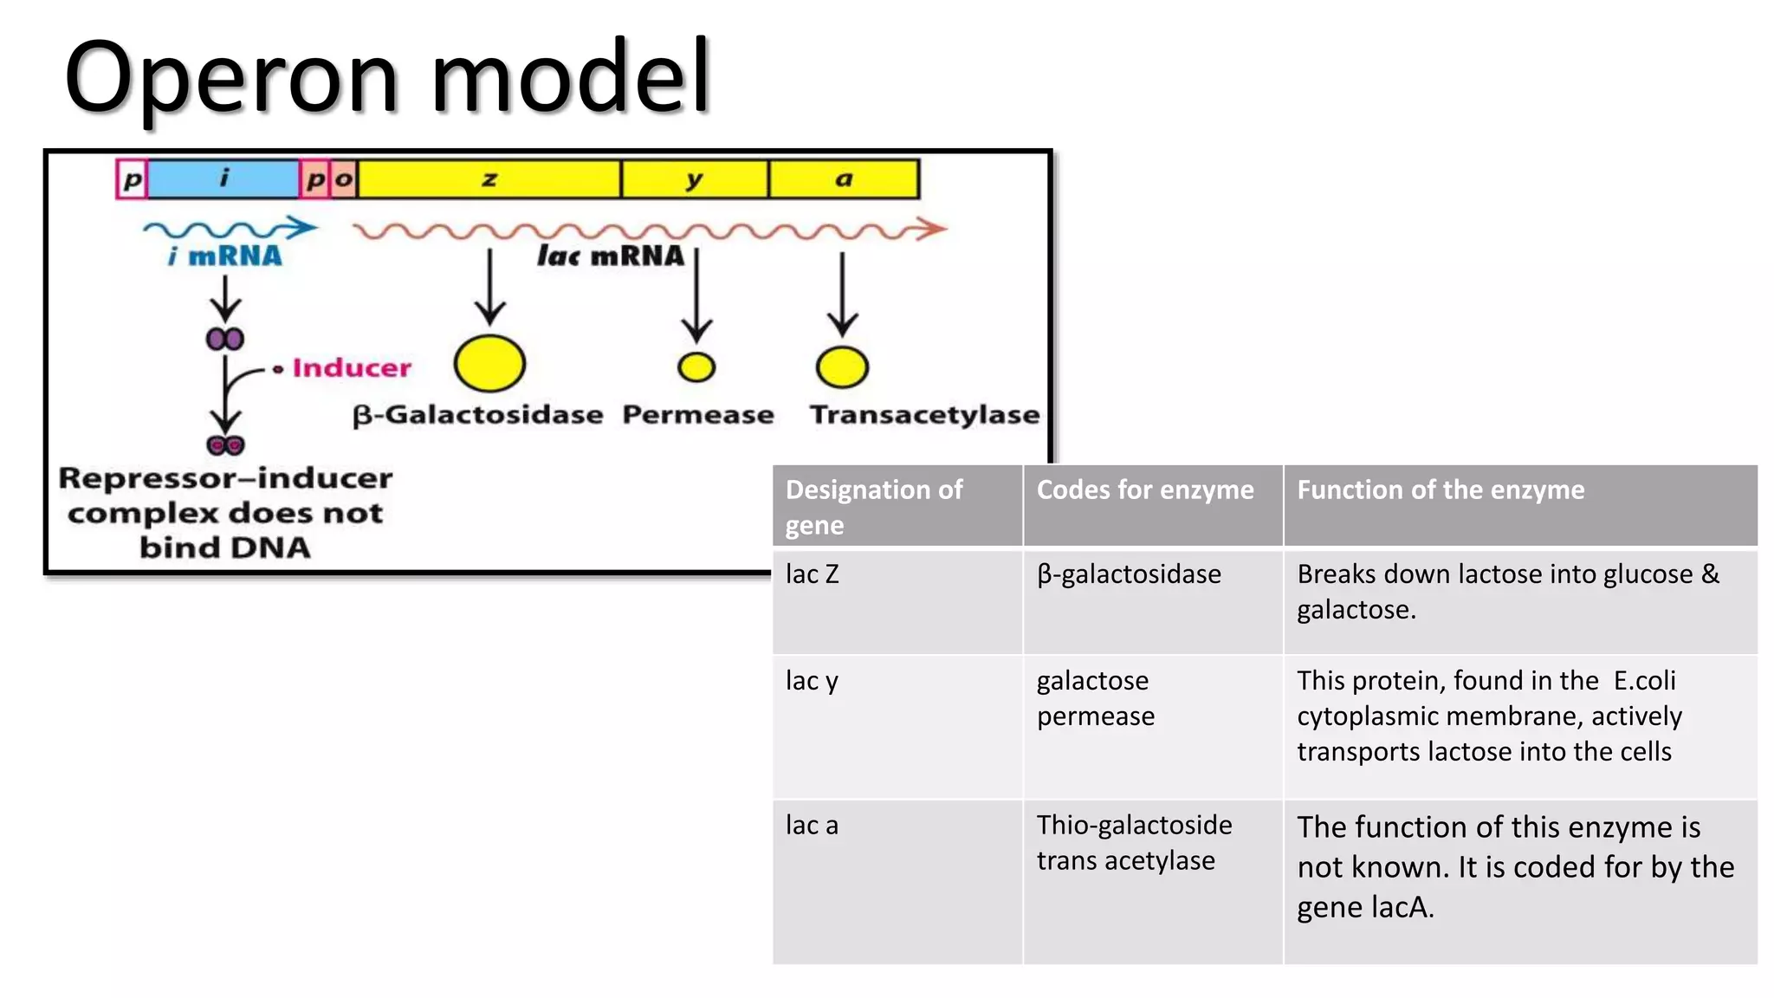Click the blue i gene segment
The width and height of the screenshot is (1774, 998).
(223, 179)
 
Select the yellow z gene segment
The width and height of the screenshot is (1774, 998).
(489, 179)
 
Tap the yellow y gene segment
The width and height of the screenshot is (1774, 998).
(694, 179)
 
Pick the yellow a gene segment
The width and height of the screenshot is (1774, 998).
(843, 179)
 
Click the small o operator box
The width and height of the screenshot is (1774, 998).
(344, 179)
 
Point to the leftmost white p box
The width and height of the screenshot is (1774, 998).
(132, 180)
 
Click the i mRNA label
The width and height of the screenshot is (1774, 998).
(225, 256)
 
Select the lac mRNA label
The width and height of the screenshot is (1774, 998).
(610, 256)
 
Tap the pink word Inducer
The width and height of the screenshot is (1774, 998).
(351, 368)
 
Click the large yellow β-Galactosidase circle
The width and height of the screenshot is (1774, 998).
(489, 364)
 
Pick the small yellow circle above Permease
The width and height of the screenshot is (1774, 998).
(696, 367)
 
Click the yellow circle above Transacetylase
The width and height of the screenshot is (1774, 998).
(842, 366)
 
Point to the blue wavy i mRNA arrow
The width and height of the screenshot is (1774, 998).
(230, 229)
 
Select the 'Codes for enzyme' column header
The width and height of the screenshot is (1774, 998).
(1144, 490)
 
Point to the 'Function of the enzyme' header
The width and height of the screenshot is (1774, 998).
(1440, 490)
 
